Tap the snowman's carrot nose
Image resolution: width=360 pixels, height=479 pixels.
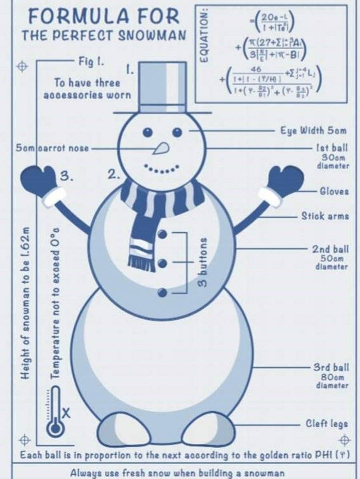coord(161,149)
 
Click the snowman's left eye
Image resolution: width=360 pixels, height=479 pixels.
coord(148,132)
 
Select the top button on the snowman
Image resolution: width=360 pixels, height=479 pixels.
coord(162,234)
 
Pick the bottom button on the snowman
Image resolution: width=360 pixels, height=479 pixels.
coord(162,293)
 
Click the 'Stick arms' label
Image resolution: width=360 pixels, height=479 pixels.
coord(325,216)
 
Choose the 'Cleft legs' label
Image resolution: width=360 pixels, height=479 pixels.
coord(326,424)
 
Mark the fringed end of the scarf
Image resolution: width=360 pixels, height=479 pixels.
coord(141,261)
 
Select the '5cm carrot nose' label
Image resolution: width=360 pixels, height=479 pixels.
coord(52,148)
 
